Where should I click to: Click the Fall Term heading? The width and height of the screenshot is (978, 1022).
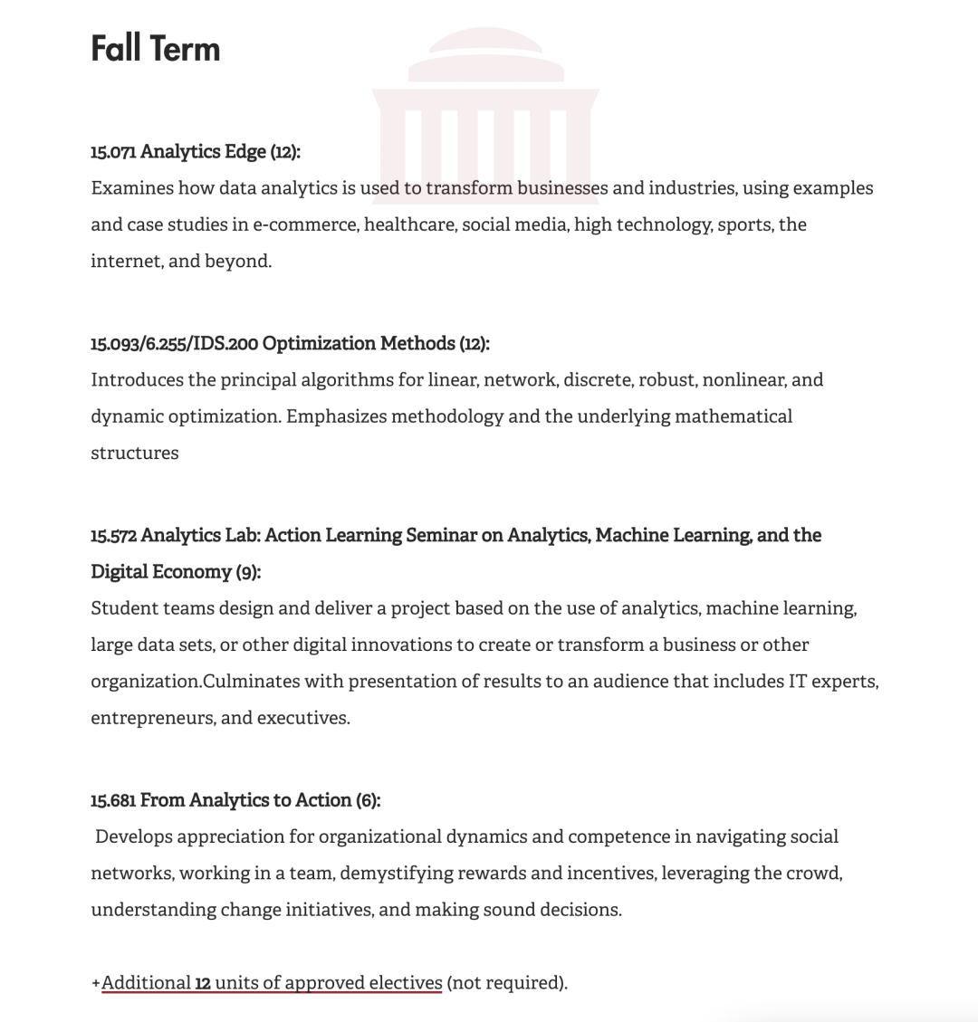click(155, 48)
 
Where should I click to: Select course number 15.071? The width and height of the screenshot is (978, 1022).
click(113, 152)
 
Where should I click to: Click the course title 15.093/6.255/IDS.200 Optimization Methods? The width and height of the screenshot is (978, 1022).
click(290, 344)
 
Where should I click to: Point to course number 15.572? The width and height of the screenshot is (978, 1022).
click(113, 536)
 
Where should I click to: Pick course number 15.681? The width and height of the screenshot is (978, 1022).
click(113, 800)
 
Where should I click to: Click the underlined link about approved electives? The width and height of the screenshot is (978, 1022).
click(272, 983)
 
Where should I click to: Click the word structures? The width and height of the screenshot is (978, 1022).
click(135, 453)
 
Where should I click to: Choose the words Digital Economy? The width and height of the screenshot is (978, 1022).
click(161, 572)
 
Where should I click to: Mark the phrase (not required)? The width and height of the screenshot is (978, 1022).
click(506, 983)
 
